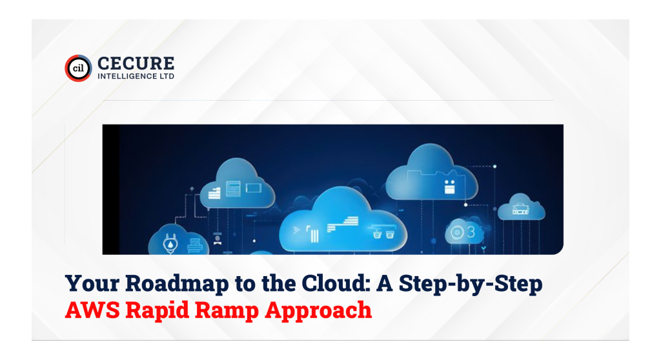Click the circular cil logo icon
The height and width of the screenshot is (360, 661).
pos(78,68)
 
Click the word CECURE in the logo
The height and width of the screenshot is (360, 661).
pos(136,63)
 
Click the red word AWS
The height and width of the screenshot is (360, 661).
pos(91,310)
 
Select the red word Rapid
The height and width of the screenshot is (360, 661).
pos(154,310)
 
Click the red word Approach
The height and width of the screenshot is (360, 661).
pos(319,310)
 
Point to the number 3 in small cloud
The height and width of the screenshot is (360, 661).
pos(472,230)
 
